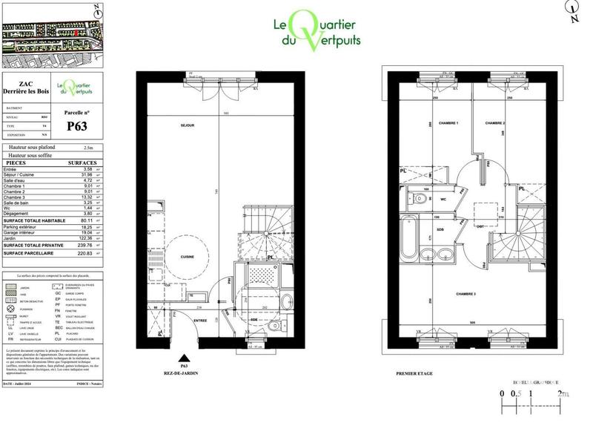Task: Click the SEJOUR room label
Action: click(x=187, y=126)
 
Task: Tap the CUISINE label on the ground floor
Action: click(x=187, y=257)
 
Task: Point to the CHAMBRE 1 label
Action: click(x=448, y=122)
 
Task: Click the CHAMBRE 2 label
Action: click(x=494, y=122)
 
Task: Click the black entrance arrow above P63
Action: click(x=185, y=357)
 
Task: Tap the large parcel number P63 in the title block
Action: click(x=78, y=126)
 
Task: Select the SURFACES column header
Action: click(x=82, y=162)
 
